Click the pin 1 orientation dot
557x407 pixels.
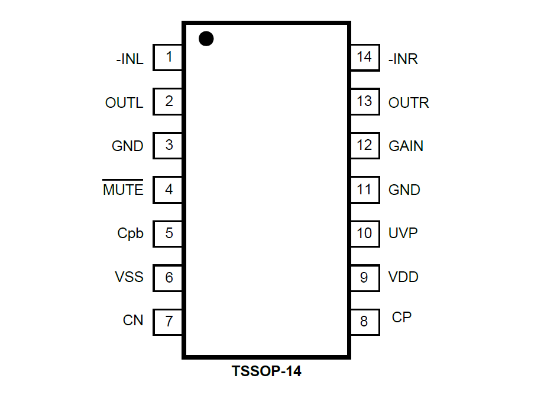coord(206,39)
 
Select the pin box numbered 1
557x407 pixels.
coord(169,57)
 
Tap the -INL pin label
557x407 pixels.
coord(129,59)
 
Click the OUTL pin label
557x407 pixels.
coord(124,103)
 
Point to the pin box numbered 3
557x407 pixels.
coord(169,145)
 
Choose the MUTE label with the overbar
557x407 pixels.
coord(123,190)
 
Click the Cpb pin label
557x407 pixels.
coord(130,233)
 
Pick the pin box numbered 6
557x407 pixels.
coord(169,277)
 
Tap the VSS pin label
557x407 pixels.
coord(129,277)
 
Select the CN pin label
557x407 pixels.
coord(133,321)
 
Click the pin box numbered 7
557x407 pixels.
coord(169,321)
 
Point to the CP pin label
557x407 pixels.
coord(401,318)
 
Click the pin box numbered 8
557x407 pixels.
coord(364,321)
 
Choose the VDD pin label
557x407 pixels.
coord(403,277)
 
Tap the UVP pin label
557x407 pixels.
coord(403,233)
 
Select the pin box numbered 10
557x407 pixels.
coord(364,233)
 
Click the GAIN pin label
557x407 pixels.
coord(406,146)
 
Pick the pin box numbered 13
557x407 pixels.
coord(364,101)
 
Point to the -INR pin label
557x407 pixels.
coord(403,59)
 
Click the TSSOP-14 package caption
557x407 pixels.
coord(266,372)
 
